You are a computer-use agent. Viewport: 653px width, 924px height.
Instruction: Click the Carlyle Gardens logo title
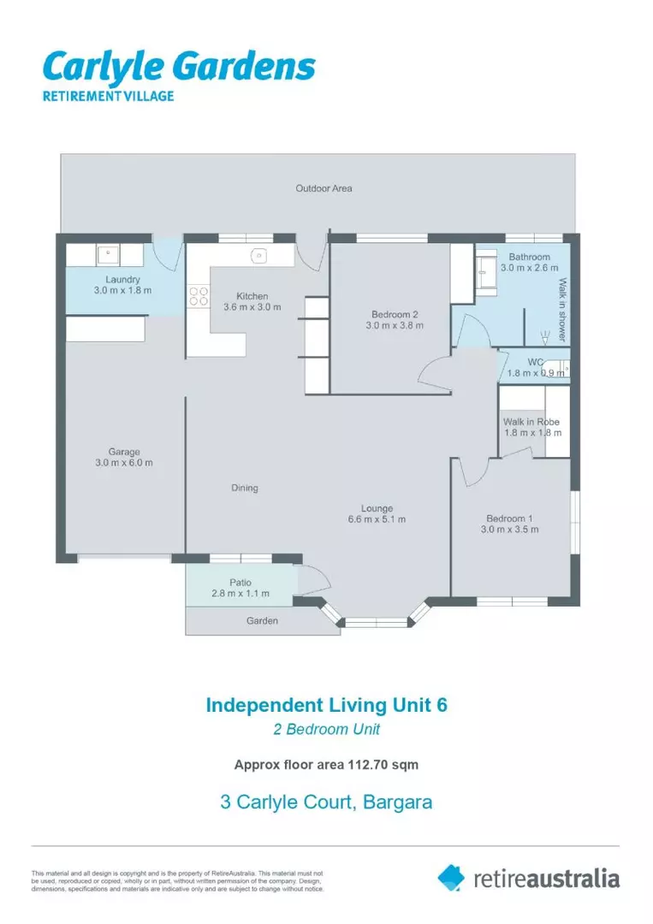pyautogui.click(x=179, y=67)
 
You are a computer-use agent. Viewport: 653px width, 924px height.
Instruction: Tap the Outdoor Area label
pyautogui.click(x=324, y=188)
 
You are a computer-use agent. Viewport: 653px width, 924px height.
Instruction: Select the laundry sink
pyautogui.click(x=108, y=255)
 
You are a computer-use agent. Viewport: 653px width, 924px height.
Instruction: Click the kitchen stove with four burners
pyautogui.click(x=199, y=296)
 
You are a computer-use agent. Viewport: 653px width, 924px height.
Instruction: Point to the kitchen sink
pyautogui.click(x=258, y=256)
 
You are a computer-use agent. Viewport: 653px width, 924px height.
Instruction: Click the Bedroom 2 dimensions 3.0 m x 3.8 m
pyautogui.click(x=395, y=325)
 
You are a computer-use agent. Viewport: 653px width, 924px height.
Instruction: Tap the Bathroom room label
pyautogui.click(x=529, y=257)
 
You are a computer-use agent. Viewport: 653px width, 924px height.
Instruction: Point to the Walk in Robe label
pyautogui.click(x=531, y=422)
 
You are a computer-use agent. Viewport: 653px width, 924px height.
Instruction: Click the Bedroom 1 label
pyautogui.click(x=509, y=518)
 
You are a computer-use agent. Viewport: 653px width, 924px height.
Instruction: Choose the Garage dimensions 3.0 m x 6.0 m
pyautogui.click(x=124, y=463)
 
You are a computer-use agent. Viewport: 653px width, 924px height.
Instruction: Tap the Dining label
pyautogui.click(x=245, y=488)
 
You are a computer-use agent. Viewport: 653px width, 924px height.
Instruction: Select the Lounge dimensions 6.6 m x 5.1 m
pyautogui.click(x=377, y=519)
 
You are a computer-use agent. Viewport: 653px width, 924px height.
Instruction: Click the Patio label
pyautogui.click(x=240, y=583)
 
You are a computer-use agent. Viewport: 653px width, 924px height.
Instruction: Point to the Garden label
pyautogui.click(x=262, y=620)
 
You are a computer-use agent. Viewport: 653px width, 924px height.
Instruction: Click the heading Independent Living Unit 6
pyautogui.click(x=327, y=705)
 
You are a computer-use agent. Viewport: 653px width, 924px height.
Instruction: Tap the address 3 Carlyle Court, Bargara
pyautogui.click(x=326, y=802)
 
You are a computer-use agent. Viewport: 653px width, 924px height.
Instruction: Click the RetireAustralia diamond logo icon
pyautogui.click(x=451, y=878)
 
